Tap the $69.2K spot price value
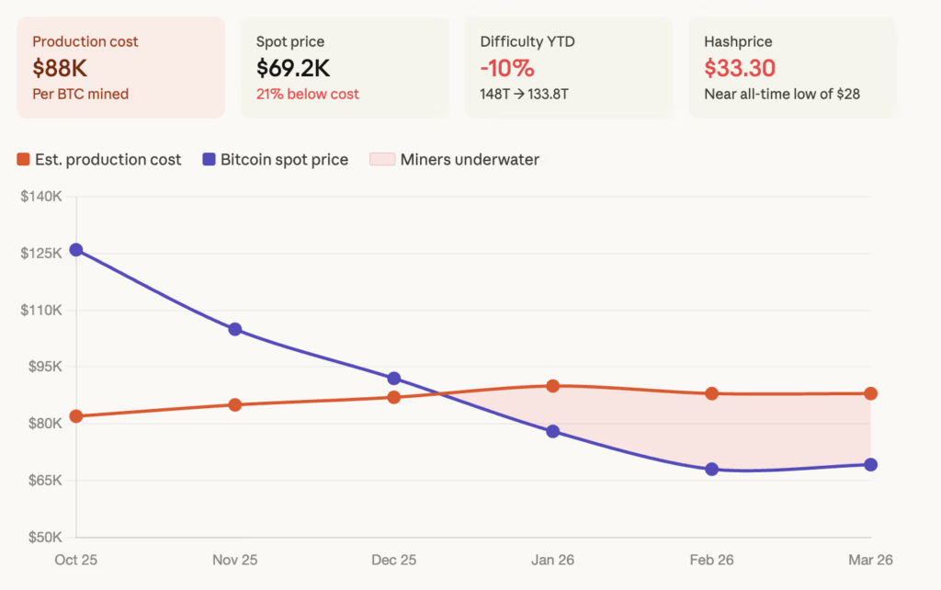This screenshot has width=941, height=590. (294, 68)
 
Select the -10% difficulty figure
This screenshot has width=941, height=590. (507, 68)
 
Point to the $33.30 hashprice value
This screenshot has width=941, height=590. (740, 68)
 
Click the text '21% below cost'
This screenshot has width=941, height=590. (308, 94)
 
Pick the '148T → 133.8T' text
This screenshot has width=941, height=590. (530, 94)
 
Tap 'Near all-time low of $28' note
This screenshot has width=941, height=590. (782, 94)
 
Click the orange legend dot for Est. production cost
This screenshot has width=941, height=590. (24, 160)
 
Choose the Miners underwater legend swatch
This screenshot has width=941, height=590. (380, 160)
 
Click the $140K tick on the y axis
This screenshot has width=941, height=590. (41, 197)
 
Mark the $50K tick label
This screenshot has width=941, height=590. (43, 537)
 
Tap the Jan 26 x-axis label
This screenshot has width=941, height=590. (553, 559)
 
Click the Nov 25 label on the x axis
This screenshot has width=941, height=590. (235, 559)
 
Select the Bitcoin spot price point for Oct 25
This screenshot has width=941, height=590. (76, 250)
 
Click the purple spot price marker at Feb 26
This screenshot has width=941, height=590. (712, 470)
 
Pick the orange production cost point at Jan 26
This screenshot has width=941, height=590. (553, 386)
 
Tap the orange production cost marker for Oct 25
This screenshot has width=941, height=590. (76, 416)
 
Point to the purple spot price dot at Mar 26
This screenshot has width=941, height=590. (870, 465)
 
